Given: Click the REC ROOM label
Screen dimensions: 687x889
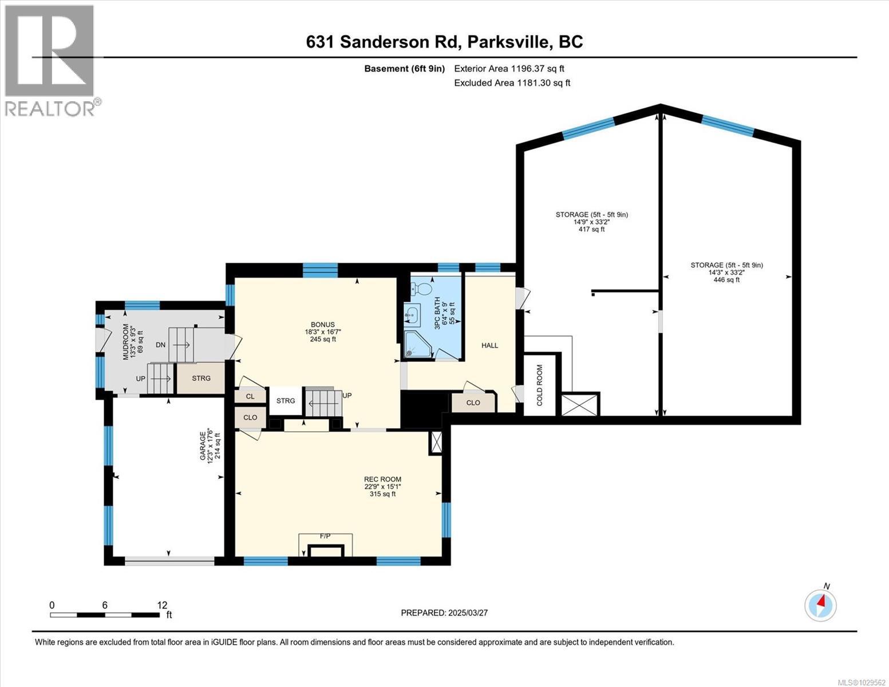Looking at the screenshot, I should click(382, 479).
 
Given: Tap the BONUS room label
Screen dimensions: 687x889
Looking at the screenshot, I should click(327, 325).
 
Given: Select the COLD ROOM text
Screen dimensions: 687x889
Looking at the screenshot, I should click(539, 385).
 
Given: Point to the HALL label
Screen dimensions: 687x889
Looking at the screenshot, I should click(489, 345).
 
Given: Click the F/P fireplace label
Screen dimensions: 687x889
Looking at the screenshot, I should click(325, 536).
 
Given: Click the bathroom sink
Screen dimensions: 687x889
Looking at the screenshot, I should click(412, 313).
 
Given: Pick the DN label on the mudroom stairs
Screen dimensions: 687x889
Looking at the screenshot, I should click(161, 345).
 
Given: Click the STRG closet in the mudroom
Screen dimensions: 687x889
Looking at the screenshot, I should click(201, 378).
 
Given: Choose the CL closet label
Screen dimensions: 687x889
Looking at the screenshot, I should click(250, 396).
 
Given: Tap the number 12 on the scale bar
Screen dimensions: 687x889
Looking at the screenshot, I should click(162, 605).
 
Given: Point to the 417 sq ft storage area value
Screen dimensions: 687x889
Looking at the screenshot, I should click(591, 230).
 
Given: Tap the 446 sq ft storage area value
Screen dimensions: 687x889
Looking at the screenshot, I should click(726, 280).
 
